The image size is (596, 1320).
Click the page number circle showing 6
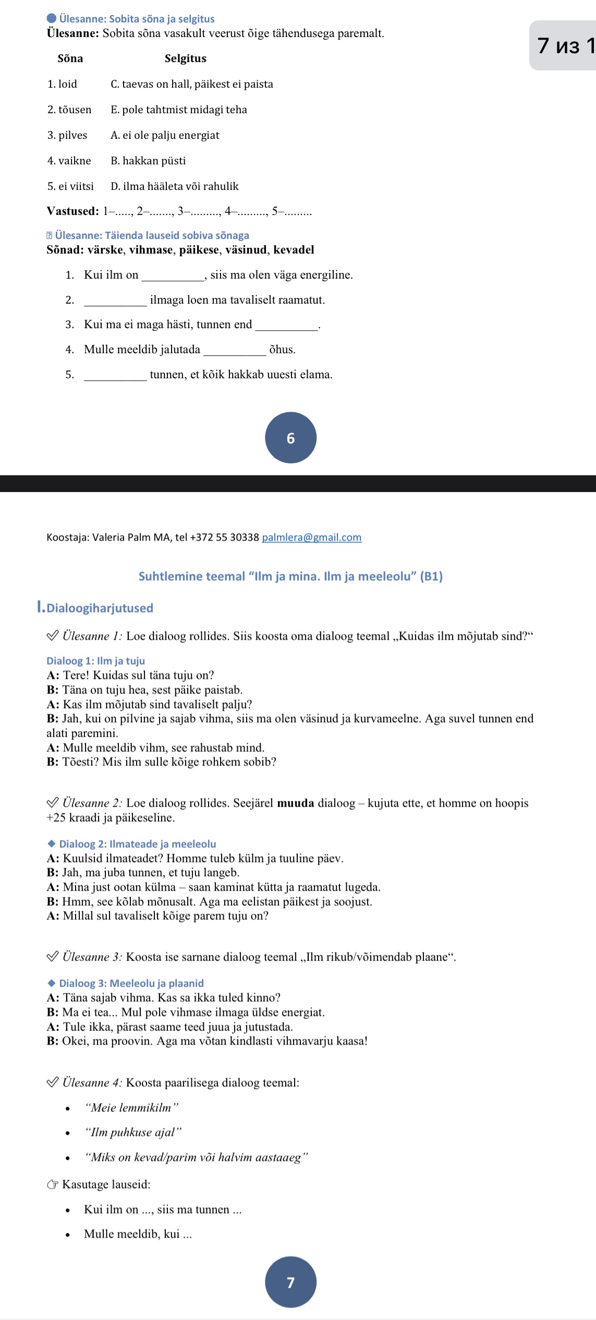(x=290, y=438)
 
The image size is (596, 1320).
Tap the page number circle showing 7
(x=290, y=1282)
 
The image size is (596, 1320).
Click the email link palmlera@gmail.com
(x=311, y=537)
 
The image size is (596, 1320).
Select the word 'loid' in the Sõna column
(x=67, y=84)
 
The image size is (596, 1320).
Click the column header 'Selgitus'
(x=185, y=58)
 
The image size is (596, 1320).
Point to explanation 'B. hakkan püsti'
(x=148, y=161)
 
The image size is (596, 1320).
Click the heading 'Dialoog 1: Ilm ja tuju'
(x=95, y=661)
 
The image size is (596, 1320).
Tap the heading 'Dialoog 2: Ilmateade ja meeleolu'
(x=137, y=844)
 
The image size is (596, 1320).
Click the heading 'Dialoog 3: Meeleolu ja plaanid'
(x=131, y=983)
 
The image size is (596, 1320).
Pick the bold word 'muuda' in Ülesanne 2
(x=295, y=803)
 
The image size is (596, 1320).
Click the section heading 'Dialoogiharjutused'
(x=100, y=608)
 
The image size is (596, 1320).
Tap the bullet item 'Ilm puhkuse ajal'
(x=133, y=1132)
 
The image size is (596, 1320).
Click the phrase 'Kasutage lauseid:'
(x=106, y=1184)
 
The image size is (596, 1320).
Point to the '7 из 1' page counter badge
(x=565, y=46)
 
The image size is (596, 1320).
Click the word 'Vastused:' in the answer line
(x=72, y=211)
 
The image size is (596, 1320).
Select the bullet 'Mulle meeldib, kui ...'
(x=138, y=1234)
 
